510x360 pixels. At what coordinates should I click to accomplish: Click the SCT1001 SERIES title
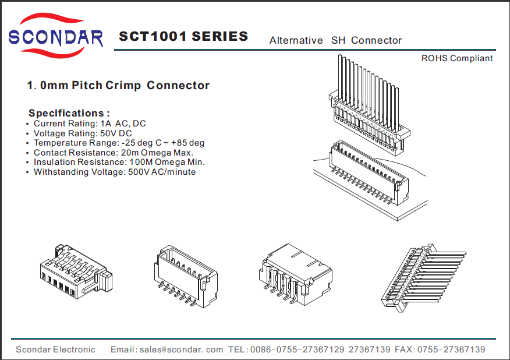(x=183, y=37)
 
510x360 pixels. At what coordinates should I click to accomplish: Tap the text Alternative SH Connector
(x=335, y=40)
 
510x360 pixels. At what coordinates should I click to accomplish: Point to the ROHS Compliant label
(x=457, y=58)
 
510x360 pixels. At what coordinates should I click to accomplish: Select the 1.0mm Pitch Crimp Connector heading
(x=118, y=86)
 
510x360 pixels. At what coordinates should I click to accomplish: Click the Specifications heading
(x=69, y=113)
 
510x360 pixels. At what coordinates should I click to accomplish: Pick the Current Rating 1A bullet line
(x=90, y=123)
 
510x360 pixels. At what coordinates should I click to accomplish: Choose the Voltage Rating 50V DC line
(x=83, y=133)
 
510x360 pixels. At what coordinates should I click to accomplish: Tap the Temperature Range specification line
(x=119, y=143)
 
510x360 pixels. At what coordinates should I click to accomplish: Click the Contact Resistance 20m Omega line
(x=113, y=153)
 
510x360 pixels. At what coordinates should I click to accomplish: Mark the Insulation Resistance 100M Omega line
(x=119, y=162)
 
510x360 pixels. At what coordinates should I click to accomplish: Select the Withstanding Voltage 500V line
(x=114, y=172)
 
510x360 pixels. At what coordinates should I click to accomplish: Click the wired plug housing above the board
(x=367, y=111)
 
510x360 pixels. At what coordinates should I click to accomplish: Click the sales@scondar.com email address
(x=181, y=350)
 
